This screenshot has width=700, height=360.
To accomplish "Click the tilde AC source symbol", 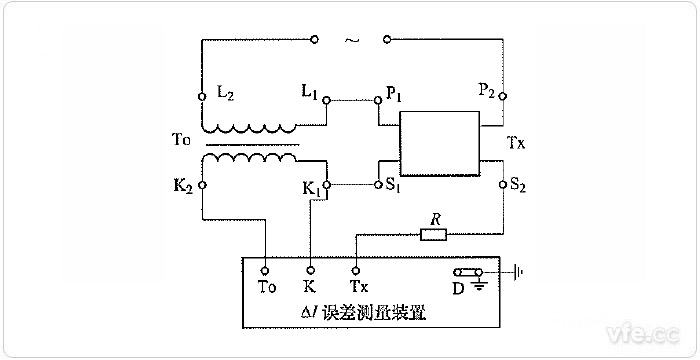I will point(350,41).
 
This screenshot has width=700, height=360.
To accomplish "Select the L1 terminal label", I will point(310,91).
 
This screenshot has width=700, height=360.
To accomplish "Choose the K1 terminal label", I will point(310,188).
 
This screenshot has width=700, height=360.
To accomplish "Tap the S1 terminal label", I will point(393,187).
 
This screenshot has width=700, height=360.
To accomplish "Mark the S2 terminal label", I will point(518,186).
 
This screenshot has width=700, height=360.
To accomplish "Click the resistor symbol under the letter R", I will point(433,236).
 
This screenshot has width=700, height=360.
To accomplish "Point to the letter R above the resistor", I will point(433,217).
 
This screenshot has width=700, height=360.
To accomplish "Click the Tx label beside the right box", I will point(517,142).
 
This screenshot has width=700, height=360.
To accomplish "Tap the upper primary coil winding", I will point(249,128).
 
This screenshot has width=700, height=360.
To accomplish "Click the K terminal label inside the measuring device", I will point(311,287).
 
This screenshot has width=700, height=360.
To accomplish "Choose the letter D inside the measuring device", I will point(459,288).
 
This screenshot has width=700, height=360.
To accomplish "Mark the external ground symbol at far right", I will point(518,271).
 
